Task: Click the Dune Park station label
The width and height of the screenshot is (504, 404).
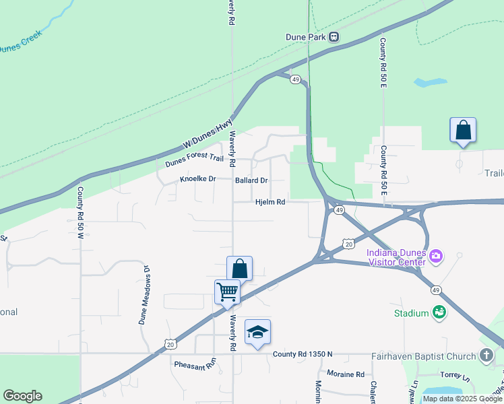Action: coord(306,38)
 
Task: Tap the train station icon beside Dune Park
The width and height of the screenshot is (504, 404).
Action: coord(334,38)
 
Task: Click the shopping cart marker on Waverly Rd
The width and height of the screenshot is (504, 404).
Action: coord(227,292)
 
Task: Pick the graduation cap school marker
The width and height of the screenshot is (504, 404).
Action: coord(257,332)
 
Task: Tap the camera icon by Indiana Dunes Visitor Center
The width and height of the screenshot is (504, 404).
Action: coord(436,255)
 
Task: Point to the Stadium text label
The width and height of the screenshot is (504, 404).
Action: coord(412,313)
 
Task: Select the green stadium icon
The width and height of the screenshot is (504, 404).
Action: coord(439,312)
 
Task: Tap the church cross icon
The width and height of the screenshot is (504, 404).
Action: coord(487,355)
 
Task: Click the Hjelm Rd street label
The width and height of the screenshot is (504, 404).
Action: coord(270,202)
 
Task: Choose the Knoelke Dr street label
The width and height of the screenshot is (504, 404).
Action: coord(197,180)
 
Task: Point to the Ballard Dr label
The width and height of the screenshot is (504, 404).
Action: coord(251,180)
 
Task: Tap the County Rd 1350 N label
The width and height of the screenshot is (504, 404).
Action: coord(303,355)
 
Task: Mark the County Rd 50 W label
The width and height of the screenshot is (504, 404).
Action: coord(80,208)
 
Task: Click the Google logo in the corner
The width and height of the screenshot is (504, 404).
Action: coord(22,395)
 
